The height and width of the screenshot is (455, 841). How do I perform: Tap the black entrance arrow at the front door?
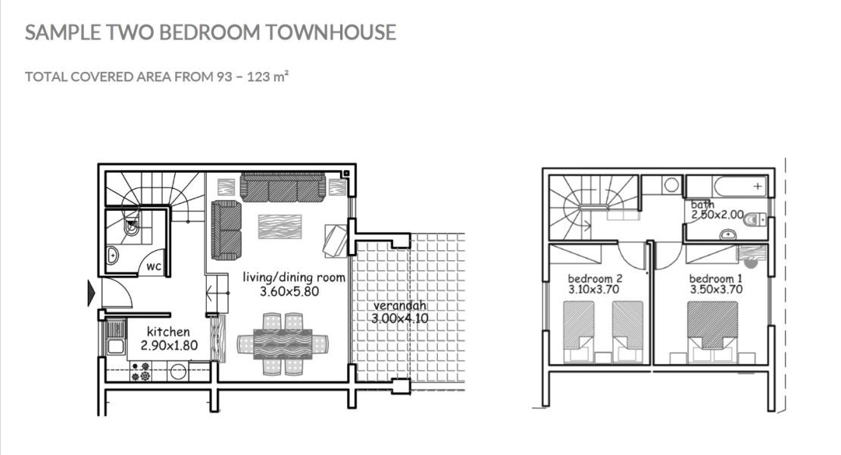92,293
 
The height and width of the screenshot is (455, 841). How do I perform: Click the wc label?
154,267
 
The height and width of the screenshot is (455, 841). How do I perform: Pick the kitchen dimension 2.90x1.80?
168,345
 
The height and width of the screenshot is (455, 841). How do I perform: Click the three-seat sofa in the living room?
283,187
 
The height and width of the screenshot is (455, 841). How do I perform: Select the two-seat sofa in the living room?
226,230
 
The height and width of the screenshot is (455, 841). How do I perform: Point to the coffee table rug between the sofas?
280,226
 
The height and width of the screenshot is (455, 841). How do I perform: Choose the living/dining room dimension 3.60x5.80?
293,290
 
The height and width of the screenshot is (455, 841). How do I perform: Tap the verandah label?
399,306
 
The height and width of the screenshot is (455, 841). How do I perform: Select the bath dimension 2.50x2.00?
717,215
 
